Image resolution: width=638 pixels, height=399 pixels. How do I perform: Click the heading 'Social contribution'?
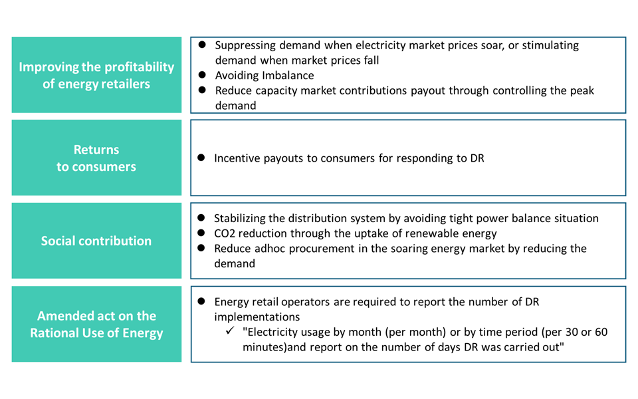[x=96, y=241]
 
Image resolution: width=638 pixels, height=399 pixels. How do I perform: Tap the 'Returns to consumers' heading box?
[x=96, y=158]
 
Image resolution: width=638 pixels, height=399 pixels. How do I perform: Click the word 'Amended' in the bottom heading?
[x=60, y=316]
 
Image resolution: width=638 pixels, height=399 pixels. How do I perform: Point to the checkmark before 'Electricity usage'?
[x=230, y=331]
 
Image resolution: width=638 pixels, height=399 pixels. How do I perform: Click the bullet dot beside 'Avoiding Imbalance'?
[x=202, y=75]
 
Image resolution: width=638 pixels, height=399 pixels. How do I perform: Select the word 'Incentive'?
[x=237, y=158]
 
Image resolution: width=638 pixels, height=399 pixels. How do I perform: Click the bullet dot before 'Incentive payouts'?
[x=201, y=158]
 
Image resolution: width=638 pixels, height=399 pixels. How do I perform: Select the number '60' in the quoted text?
[x=601, y=332]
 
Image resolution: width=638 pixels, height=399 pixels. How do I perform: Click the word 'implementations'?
[x=257, y=317]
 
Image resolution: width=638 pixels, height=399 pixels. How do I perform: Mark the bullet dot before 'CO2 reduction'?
[x=201, y=233]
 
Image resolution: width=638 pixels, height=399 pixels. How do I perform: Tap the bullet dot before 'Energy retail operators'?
[x=201, y=301]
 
